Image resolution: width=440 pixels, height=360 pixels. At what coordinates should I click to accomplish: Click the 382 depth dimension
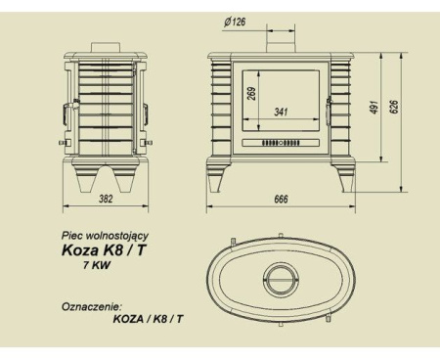click(x=102, y=200)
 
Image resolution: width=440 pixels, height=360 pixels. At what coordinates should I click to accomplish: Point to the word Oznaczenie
click(x=89, y=305)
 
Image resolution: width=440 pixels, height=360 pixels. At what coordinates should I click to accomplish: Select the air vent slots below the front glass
click(x=285, y=142)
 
